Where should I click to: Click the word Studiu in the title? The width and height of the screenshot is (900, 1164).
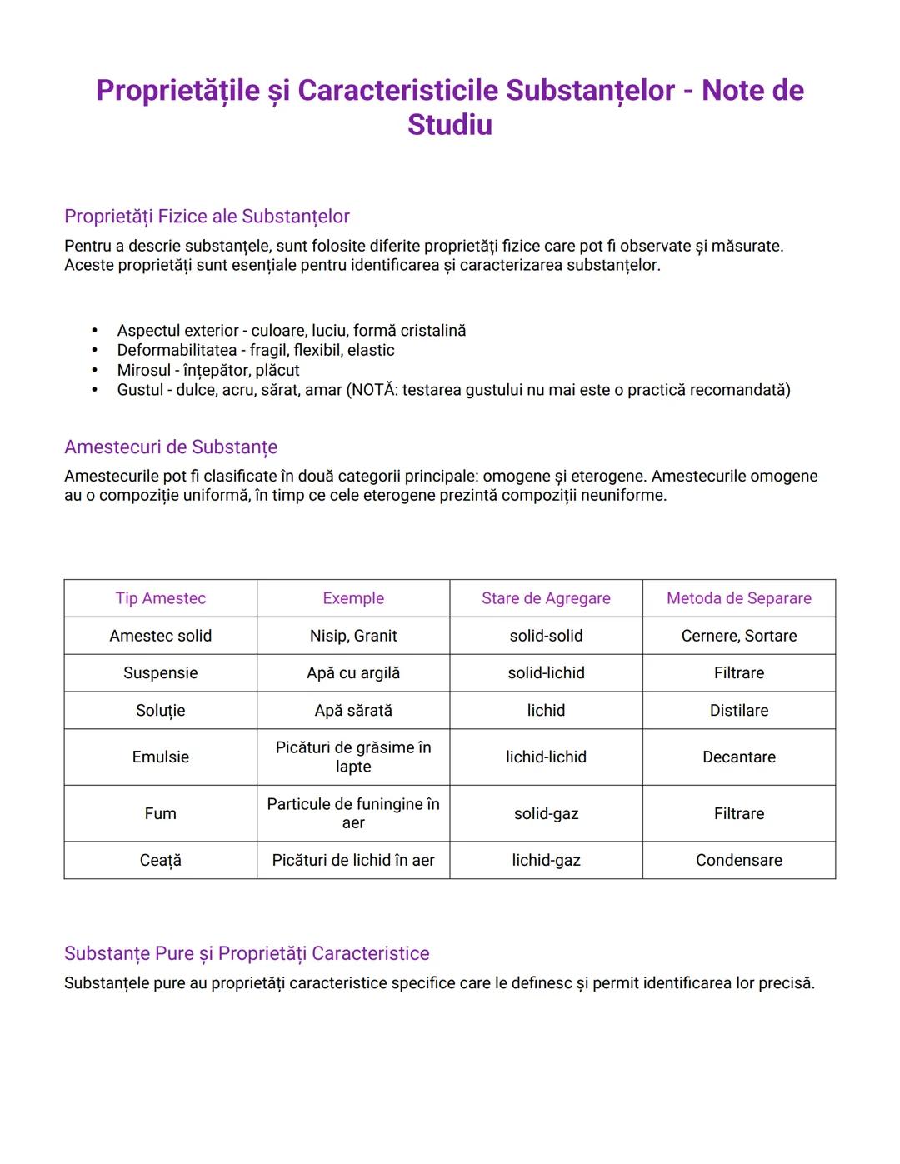pos(449,125)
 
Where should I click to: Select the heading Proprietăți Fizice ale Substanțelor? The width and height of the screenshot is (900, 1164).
pos(207,217)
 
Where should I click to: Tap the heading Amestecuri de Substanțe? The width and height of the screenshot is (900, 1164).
pos(171,447)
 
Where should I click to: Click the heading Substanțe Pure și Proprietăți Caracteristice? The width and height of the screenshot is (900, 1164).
pos(247,953)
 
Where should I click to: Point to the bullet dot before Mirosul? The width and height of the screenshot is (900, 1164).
pos(95,370)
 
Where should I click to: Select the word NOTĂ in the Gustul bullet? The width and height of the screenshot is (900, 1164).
pos(372,390)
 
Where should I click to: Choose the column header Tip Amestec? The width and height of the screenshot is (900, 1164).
pos(161,598)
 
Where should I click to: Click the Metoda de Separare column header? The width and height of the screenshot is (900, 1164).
pos(738,598)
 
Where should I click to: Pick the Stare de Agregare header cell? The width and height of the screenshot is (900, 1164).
pos(546,598)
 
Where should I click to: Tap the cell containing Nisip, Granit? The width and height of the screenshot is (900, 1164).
pos(353,636)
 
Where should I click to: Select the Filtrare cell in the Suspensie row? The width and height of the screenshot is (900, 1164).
pos(738,672)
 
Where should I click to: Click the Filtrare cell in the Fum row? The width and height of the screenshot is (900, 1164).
pos(738,813)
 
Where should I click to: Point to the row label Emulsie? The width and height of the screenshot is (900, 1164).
pos(161,757)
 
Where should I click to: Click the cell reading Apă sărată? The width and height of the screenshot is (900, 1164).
pos(353,710)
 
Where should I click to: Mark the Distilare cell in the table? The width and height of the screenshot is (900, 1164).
pos(738,710)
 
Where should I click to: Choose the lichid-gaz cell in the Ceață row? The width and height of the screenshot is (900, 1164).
pos(546,860)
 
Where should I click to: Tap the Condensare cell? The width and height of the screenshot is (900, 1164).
pos(738,860)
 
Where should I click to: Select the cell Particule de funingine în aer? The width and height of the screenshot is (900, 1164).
pos(353,813)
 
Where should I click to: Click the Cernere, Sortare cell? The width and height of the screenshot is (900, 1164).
pos(738,636)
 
